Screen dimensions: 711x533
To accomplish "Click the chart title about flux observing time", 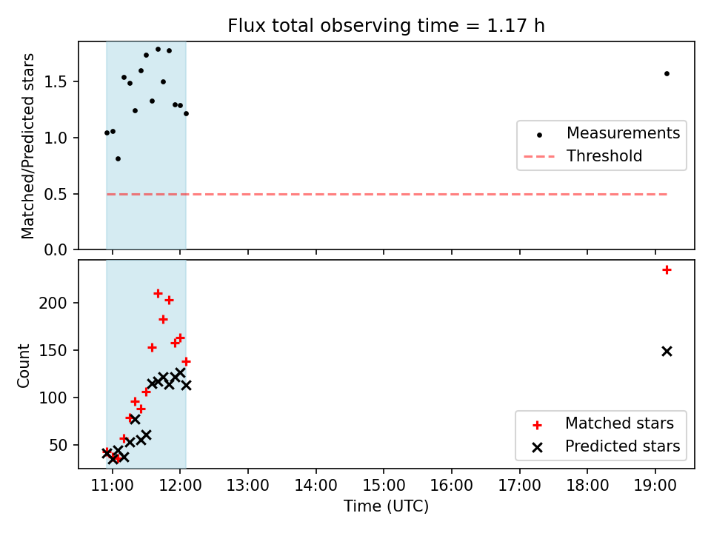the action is [x=386, y=25].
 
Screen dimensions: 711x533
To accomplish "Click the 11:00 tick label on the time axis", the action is [x=113, y=486].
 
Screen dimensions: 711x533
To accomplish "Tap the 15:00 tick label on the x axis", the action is [x=384, y=486].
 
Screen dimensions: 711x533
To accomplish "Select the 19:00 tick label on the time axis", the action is [x=655, y=486].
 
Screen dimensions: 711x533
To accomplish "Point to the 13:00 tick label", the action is [x=248, y=486].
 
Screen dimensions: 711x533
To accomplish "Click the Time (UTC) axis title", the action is [x=386, y=506].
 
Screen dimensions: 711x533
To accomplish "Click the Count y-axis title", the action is [x=23, y=365].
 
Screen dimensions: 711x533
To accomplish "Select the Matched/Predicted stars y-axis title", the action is [x=27, y=146].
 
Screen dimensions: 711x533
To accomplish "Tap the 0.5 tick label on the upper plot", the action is [x=56, y=194].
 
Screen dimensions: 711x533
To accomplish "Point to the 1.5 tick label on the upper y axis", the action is [x=56, y=81].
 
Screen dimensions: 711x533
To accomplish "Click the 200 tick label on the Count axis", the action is [x=53, y=303].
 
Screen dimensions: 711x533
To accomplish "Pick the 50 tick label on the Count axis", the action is [x=58, y=445].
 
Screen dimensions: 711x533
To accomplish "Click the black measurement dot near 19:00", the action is [x=667, y=73].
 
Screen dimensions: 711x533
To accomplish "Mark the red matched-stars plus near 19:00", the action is [x=667, y=270].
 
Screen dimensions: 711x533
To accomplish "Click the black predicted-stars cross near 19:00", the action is [x=667, y=351].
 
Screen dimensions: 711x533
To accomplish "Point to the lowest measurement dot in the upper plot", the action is [x=118, y=158].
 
